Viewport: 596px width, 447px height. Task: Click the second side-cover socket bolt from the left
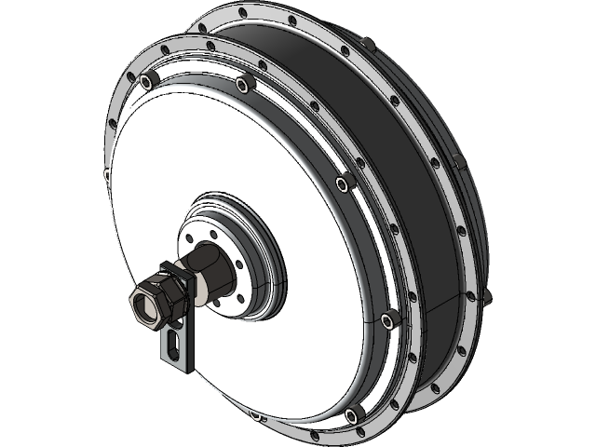click(244, 87)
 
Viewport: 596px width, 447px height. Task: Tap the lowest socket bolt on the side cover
click(351, 414)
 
